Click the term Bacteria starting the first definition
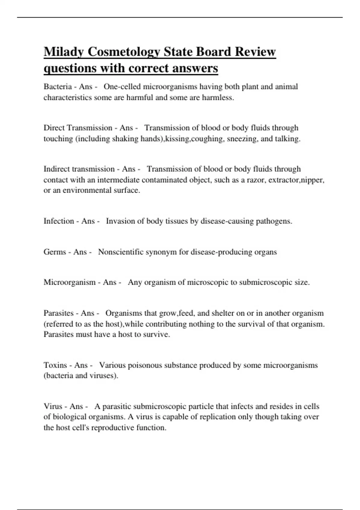click(58, 87)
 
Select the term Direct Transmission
click(78, 128)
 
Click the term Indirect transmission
click(79, 169)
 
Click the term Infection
click(58, 221)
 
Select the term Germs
click(55, 252)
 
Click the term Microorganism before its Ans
click(69, 282)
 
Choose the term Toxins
click(55, 365)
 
